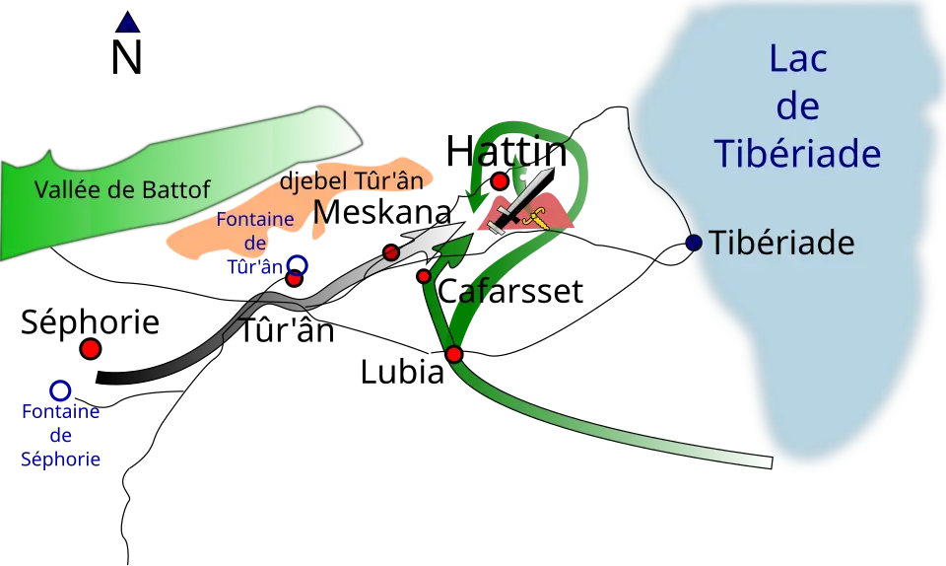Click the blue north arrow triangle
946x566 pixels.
click(x=127, y=22)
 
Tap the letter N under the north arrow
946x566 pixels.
click(x=127, y=58)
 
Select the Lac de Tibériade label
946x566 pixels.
click(x=797, y=106)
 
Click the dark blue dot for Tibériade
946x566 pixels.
click(x=694, y=243)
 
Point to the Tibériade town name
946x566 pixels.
click(x=781, y=243)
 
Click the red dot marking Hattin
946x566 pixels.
click(x=500, y=180)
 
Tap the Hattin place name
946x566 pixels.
click(x=507, y=151)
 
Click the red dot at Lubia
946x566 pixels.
click(x=454, y=354)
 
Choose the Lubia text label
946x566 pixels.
click(x=402, y=372)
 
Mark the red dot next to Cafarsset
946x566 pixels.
click(x=424, y=276)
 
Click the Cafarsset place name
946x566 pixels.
click(x=510, y=291)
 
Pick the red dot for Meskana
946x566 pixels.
click(x=391, y=252)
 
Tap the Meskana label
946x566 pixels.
click(x=382, y=212)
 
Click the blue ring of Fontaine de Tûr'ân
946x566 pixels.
click(x=297, y=265)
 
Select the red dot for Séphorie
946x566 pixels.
click(x=91, y=348)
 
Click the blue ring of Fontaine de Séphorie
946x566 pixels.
click(x=60, y=390)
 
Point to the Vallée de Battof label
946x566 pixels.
click(x=122, y=190)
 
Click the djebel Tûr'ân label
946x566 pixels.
click(x=352, y=180)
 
